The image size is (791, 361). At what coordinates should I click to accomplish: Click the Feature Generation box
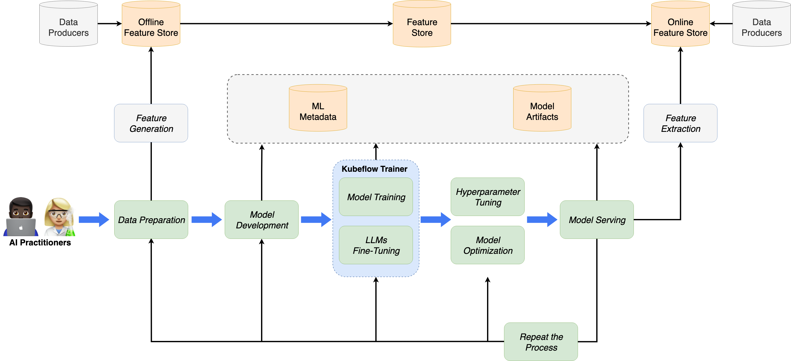coord(151,123)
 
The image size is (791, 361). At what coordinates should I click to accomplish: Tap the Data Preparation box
coord(151,220)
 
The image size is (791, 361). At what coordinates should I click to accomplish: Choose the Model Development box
coord(262,220)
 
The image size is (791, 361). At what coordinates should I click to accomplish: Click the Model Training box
coord(376,197)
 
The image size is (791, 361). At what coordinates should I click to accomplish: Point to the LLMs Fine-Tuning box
coord(376,245)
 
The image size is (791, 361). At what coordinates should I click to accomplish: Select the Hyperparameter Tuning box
coord(488,197)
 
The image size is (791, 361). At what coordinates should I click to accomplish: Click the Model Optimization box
coord(488,245)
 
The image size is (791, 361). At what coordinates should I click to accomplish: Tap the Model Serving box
coord(597,220)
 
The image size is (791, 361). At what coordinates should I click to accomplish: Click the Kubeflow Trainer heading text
coord(374,169)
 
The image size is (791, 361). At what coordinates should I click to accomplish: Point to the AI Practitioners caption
coord(40,243)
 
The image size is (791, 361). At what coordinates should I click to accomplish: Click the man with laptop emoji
coord(21,217)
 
